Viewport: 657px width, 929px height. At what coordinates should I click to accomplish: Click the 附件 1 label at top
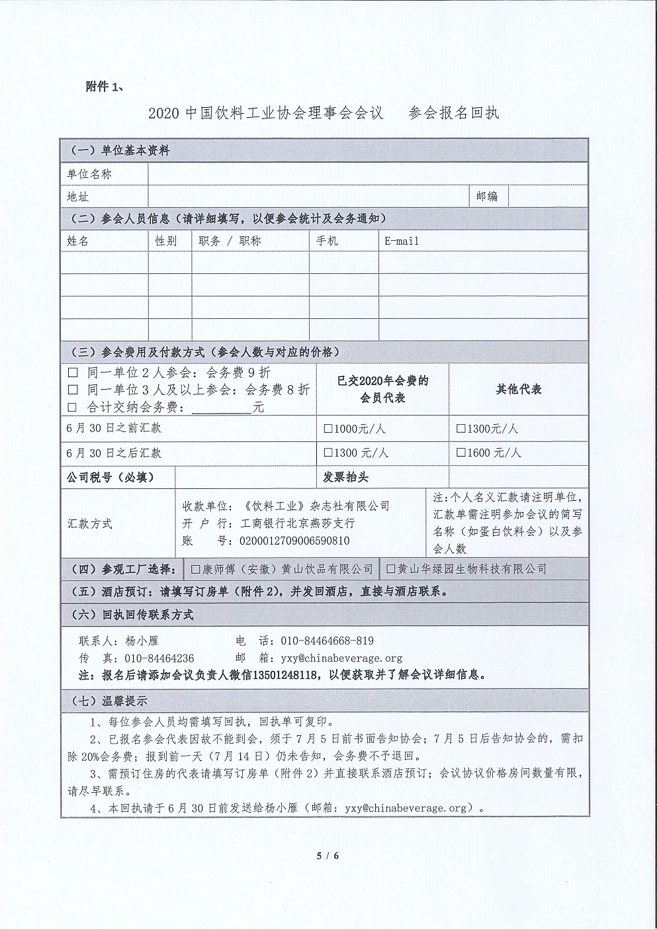(105, 87)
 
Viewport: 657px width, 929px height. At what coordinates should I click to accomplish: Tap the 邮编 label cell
(487, 196)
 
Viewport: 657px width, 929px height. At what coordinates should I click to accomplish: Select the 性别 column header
(166, 241)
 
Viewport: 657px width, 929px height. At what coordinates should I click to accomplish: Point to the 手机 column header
(327, 241)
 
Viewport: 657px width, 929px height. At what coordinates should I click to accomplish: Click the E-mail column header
(402, 241)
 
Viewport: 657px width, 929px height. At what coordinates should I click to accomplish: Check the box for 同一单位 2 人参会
(73, 373)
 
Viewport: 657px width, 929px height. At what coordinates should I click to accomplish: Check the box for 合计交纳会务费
(73, 407)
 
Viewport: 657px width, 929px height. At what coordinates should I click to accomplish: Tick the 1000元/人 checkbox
(328, 429)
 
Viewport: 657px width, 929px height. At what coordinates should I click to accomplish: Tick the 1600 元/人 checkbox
(460, 453)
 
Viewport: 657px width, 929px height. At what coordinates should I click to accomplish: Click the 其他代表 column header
(519, 390)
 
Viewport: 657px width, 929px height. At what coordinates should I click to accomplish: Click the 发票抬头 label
(345, 477)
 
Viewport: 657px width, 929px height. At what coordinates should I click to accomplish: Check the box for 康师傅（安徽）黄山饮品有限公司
(195, 568)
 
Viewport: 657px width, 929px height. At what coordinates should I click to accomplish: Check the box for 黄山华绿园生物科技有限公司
(390, 568)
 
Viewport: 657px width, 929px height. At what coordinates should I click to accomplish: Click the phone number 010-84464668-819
(327, 641)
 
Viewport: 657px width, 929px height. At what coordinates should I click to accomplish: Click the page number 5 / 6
(328, 856)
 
